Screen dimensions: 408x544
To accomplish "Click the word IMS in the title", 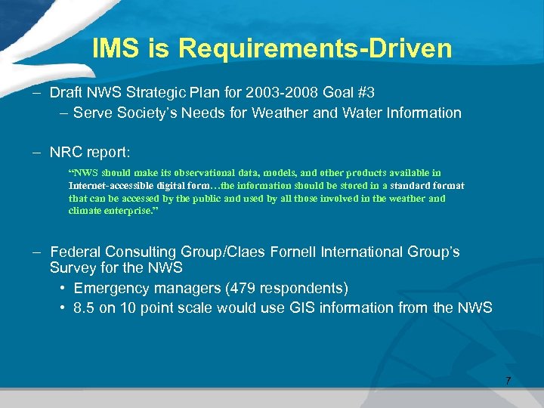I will [x=116, y=49].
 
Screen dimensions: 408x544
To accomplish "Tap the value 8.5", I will [x=84, y=308].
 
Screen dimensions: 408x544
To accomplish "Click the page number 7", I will [x=508, y=380].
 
